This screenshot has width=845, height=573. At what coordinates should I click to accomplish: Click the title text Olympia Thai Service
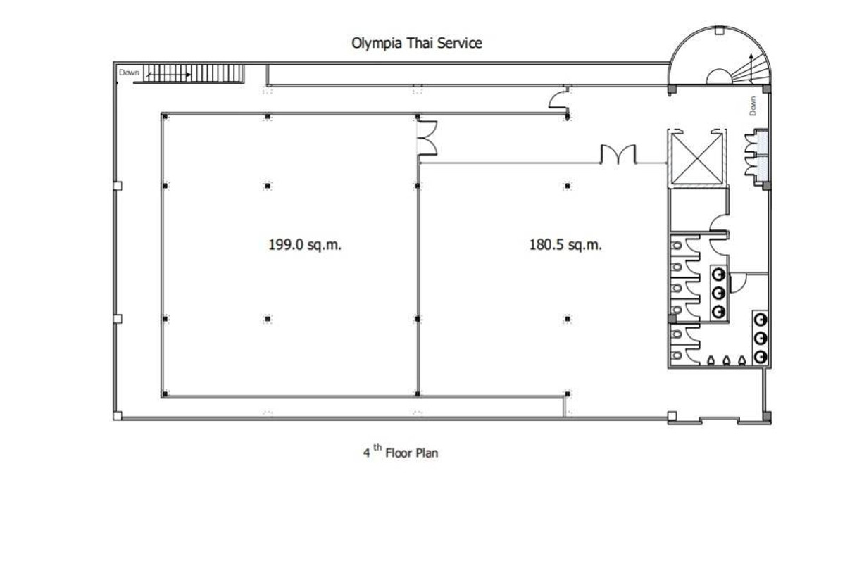pos(417,43)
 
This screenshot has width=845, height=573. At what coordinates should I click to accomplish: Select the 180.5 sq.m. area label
pos(565,246)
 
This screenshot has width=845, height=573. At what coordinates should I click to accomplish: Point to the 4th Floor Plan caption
pos(401,453)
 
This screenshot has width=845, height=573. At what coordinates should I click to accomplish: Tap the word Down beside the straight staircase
pos(129,72)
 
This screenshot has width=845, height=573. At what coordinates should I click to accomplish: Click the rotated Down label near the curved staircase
pos(753,106)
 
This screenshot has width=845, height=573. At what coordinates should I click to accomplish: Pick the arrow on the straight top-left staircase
pos(169,72)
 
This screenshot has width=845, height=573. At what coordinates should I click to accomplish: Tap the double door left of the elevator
pos(618,155)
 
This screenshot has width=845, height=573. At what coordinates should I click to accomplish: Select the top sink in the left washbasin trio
pos(719,272)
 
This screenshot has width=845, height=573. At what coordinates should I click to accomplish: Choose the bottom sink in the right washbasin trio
pos(760,356)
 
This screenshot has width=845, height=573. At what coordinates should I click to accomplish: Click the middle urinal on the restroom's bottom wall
pos(726,360)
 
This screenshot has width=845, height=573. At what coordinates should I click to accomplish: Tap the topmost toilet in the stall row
pos(677,245)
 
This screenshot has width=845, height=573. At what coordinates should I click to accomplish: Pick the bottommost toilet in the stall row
pos(677,357)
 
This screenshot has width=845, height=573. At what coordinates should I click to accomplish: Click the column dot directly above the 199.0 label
pos(268,186)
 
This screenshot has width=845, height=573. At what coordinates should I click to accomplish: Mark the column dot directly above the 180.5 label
pos(567,186)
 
